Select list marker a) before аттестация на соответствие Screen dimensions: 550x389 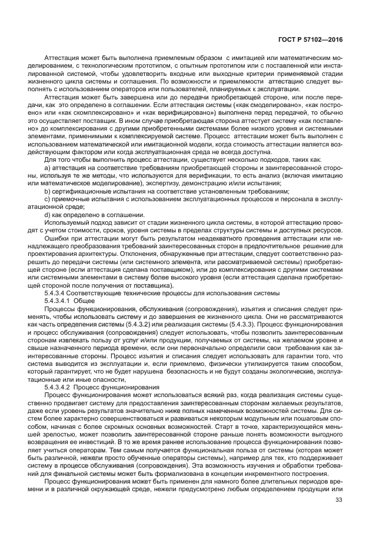pyautogui.click(x=48, y=169)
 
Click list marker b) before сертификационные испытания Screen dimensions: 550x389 pyautogui.click(x=48, y=192)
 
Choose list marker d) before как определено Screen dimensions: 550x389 pyautogui.click(x=48, y=215)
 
